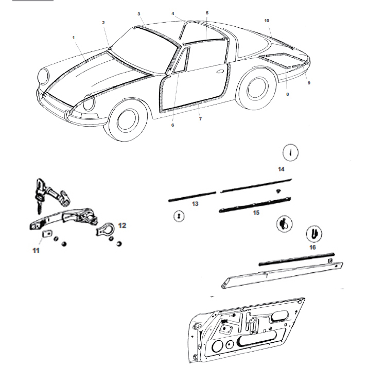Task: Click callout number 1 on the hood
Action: (x=74, y=38)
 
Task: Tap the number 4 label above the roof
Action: (x=173, y=13)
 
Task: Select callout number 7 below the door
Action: (x=200, y=119)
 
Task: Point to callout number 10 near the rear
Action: (x=267, y=21)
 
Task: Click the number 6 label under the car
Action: (x=172, y=125)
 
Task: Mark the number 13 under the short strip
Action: (x=195, y=204)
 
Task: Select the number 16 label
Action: (x=312, y=247)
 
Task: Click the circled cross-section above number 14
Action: (x=291, y=152)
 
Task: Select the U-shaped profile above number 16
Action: (x=314, y=234)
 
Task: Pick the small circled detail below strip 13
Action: (x=178, y=217)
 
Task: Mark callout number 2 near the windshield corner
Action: (x=103, y=23)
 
